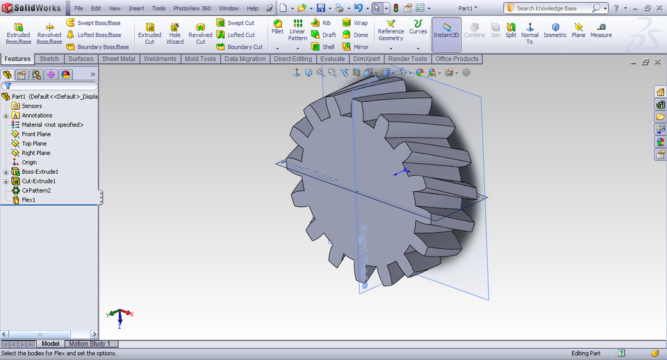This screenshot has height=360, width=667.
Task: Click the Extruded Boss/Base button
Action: tap(18, 33)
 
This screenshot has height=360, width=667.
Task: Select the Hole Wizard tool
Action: tap(175, 33)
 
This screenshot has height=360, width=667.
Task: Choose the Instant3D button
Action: tap(446, 33)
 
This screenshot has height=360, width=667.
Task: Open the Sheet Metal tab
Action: tap(119, 59)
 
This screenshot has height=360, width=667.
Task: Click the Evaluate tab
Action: tap(332, 59)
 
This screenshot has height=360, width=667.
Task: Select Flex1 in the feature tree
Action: tap(28, 200)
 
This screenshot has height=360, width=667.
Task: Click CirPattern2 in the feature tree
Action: tap(35, 190)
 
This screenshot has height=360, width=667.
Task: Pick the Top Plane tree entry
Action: tap(34, 144)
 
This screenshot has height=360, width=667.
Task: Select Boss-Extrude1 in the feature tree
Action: tap(40, 172)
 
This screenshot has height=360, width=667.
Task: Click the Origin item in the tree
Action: tap(29, 163)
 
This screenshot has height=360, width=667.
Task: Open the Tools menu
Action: tap(158, 8)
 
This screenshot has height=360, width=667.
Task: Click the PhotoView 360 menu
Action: tap(192, 8)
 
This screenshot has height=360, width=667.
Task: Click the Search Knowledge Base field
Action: tap(552, 8)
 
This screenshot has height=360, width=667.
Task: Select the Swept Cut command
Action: tap(240, 23)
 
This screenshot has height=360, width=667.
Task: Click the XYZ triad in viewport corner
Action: tap(120, 316)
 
